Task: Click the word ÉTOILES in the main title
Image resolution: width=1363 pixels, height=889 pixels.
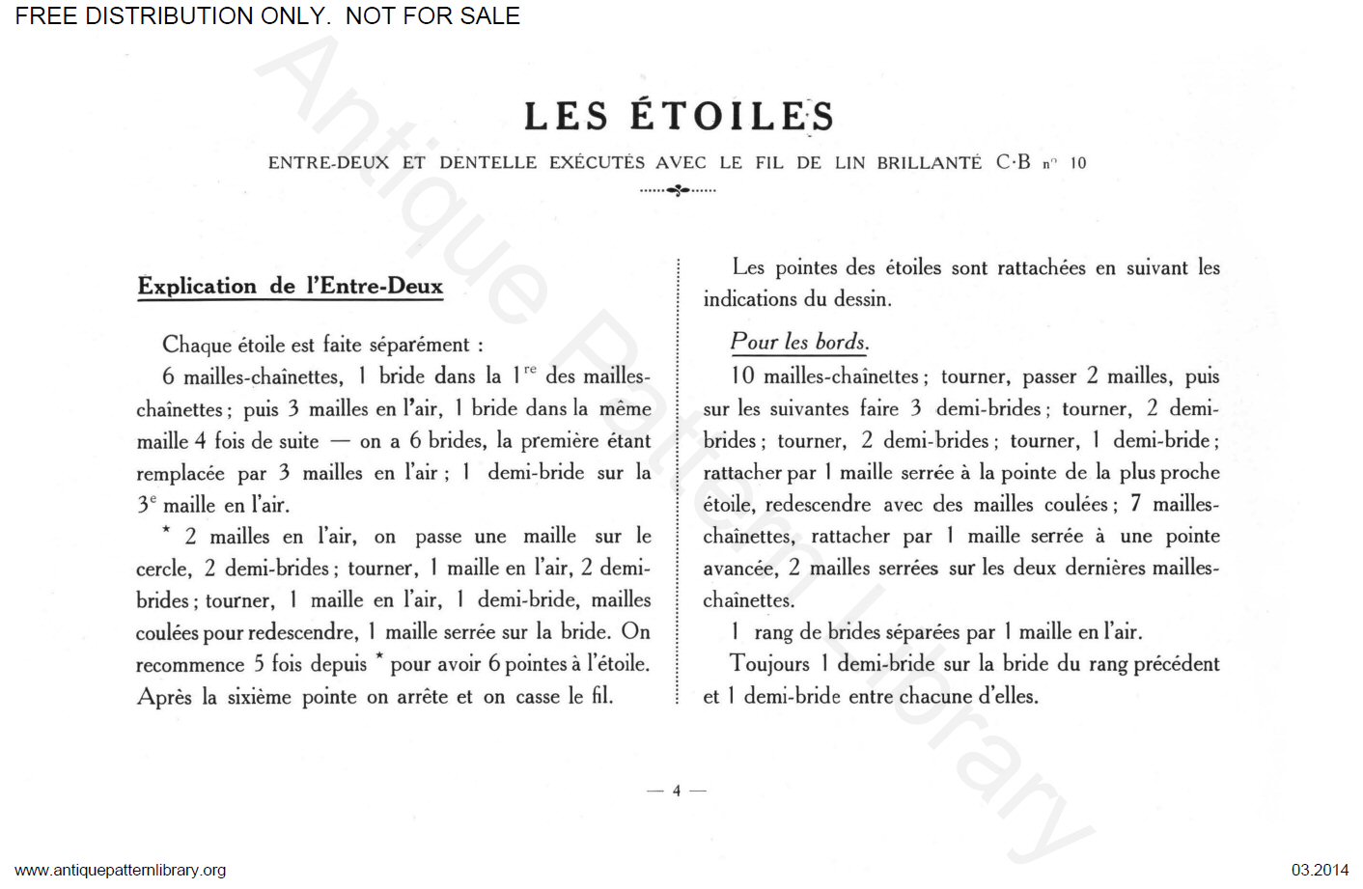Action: (x=732, y=117)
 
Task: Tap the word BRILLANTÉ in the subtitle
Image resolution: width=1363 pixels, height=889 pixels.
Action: (x=929, y=163)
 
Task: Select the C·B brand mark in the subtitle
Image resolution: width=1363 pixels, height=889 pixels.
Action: (x=1013, y=162)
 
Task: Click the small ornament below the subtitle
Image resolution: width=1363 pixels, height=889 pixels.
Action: (x=678, y=190)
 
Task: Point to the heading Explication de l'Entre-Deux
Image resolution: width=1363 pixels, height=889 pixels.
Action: (x=290, y=286)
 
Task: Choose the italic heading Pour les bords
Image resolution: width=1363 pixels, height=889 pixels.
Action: (x=799, y=342)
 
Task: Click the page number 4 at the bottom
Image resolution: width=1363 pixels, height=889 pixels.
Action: (x=677, y=791)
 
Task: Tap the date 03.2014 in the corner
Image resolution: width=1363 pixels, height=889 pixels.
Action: (x=1320, y=870)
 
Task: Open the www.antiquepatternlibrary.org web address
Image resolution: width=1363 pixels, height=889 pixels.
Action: (x=121, y=870)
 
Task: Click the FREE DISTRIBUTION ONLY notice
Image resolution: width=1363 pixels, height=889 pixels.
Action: (x=267, y=16)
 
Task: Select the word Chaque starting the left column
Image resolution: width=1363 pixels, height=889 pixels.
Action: (x=197, y=345)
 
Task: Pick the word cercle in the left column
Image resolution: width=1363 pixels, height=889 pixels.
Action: (x=163, y=569)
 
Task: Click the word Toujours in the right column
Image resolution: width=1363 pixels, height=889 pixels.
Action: (x=769, y=664)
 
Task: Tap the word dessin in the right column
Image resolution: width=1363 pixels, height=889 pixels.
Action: (x=862, y=299)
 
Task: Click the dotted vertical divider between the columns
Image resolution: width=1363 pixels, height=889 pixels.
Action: (x=679, y=483)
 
